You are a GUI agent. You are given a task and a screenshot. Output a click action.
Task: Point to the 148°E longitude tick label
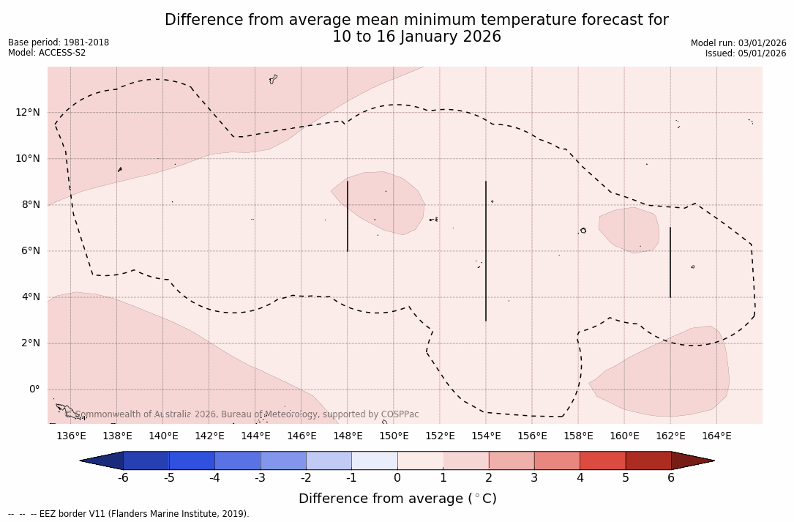348,436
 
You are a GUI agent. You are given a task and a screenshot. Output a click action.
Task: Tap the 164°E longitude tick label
716,436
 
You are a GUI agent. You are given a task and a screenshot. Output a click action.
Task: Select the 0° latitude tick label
34,389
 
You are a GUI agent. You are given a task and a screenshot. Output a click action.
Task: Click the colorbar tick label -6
124,478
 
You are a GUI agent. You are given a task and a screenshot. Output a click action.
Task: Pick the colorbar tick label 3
534,478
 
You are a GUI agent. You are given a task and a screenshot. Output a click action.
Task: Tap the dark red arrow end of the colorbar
692,461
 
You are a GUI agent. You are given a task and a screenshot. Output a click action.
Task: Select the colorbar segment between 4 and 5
602,461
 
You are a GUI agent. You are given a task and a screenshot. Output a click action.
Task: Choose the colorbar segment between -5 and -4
192,461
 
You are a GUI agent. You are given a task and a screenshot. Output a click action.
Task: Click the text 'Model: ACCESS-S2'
47,53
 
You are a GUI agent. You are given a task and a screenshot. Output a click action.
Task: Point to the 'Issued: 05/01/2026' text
746,53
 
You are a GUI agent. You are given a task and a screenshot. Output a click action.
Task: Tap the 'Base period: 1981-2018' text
59,42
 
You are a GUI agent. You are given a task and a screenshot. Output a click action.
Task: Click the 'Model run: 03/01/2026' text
738,43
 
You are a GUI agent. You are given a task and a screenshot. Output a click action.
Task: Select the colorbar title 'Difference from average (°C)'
397,499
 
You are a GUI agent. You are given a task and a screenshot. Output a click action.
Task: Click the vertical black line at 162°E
670,262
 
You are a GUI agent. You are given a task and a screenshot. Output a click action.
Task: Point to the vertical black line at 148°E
348,216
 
